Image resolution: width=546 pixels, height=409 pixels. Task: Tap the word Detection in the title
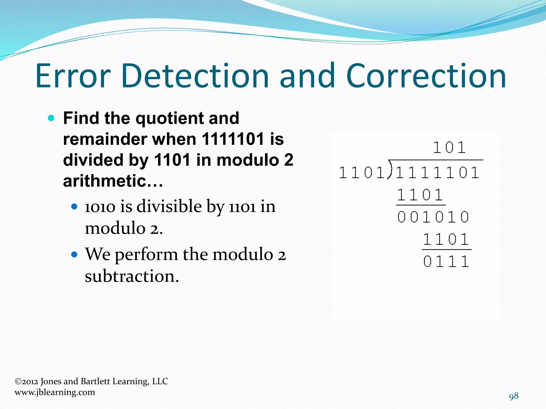(195, 76)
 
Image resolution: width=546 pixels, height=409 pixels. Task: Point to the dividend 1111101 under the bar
(437, 173)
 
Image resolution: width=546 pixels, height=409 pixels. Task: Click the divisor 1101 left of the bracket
(362, 173)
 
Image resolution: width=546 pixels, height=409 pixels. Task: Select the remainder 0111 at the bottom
(446, 261)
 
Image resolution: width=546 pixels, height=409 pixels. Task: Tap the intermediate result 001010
(433, 217)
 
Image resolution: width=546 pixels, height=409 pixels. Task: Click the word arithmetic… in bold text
(113, 181)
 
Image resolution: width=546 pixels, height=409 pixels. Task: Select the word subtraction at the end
(131, 276)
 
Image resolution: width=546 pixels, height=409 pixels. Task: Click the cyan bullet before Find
(51, 118)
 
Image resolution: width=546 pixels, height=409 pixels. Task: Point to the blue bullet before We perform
(74, 255)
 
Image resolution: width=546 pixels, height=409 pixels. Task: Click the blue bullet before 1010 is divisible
(74, 207)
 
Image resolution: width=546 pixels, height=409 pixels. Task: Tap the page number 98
(513, 396)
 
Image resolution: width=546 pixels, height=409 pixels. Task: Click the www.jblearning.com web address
(55, 392)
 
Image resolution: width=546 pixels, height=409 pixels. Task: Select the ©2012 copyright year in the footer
(26, 381)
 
